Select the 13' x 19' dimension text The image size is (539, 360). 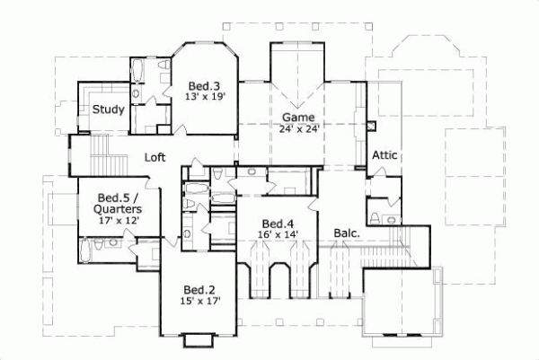click(205, 96)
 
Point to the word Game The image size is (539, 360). click(298, 117)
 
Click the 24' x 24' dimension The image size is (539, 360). click(299, 128)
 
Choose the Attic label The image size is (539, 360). click(385, 155)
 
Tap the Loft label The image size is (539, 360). click(156, 157)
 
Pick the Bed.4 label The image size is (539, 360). click(276, 224)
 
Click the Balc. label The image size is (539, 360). click(348, 233)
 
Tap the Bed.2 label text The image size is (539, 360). click(199, 290)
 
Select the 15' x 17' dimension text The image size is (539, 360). click(199, 302)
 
